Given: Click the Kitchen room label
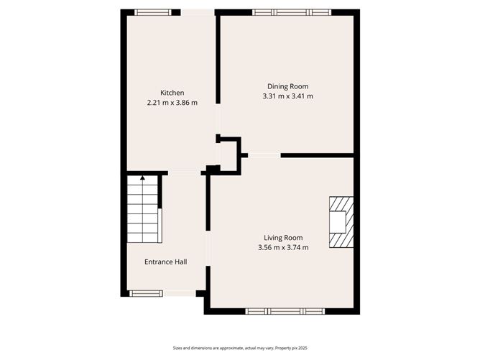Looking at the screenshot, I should coord(172,93).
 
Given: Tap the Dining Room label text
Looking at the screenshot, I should coord(288,86).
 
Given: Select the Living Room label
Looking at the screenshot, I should coord(283,238).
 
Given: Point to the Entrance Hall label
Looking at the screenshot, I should coord(166,262).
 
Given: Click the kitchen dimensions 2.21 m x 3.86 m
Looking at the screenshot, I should coord(172,103).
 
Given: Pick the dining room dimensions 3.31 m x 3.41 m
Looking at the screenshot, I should coord(288,96).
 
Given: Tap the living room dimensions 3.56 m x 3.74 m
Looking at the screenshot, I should coord(283,248).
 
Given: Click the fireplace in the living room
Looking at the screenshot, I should coord(341,222).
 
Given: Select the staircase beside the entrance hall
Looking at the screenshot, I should coord(143,213).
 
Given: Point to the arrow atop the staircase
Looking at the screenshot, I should coord(142,177).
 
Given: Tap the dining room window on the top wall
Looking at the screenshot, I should coord(292,12).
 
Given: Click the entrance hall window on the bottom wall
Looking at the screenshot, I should coord(145,292).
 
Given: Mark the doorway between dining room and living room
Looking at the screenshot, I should coord(264,155).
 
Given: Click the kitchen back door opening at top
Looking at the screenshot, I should coord(197,12).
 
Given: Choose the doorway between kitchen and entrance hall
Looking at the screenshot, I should coord(185,172).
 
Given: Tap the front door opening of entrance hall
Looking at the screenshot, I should coord(179,292).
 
